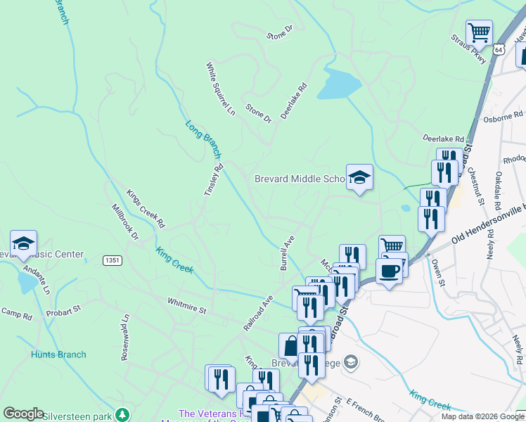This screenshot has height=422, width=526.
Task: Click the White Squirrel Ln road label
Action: click(220, 89)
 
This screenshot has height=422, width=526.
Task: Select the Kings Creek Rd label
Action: click(146, 208)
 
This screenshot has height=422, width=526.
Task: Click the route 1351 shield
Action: click(111, 260)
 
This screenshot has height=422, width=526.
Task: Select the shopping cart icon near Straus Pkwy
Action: click(479, 32)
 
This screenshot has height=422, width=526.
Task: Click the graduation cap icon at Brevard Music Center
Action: click(23, 243)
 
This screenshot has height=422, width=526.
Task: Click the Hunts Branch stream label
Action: click(58, 354)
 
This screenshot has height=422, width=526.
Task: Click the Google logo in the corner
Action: click(23, 414)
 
